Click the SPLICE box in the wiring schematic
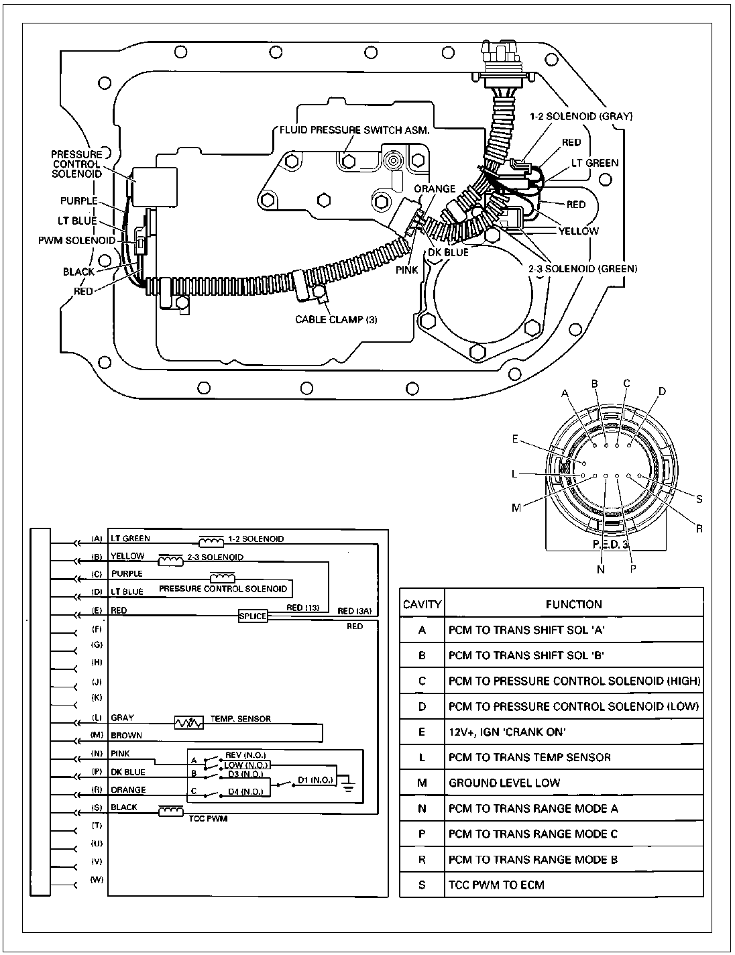click(253, 616)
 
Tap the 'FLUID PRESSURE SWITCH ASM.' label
click(355, 130)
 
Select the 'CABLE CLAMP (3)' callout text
click(336, 319)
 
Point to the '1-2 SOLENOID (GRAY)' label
click(581, 116)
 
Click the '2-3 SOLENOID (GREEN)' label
click(583, 268)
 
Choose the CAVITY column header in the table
click(422, 604)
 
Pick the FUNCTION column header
click(574, 604)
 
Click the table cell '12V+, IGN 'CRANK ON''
click(507, 732)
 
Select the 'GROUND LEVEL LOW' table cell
click(504, 783)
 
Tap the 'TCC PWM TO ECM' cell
click(496, 885)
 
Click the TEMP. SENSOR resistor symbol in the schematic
click(189, 722)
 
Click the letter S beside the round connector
click(699, 499)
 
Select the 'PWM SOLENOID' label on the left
click(77, 240)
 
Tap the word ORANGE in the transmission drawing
click(435, 188)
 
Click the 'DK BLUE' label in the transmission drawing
click(448, 252)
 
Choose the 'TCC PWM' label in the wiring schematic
click(209, 818)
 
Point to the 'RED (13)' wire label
click(302, 608)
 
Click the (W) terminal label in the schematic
click(97, 879)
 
